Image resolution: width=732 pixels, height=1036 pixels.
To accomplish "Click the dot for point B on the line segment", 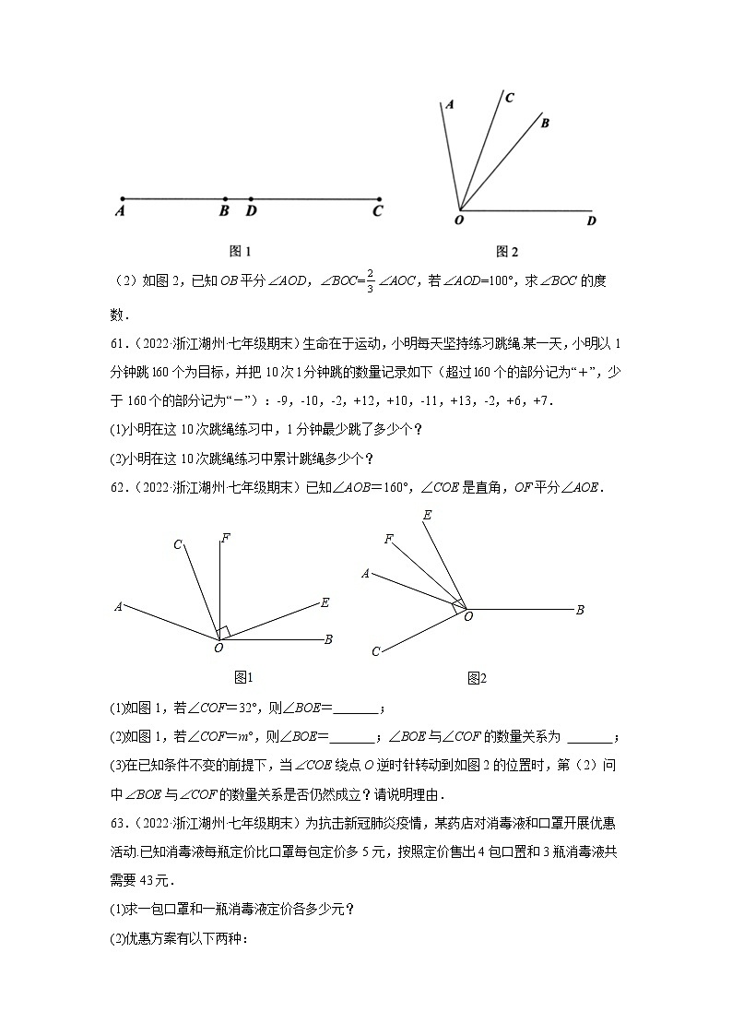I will pyautogui.click(x=225, y=198).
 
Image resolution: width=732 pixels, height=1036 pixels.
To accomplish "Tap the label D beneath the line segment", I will pyautogui.click(x=251, y=211).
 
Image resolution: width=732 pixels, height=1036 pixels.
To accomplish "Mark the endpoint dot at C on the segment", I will pyautogui.click(x=378, y=198).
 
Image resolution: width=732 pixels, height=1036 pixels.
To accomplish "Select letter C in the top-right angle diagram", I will pyautogui.click(x=510, y=97).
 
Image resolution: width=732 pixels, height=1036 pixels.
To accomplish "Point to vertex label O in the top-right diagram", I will pyautogui.click(x=459, y=220).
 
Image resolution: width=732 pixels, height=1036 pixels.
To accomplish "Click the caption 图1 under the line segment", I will pyautogui.click(x=240, y=251).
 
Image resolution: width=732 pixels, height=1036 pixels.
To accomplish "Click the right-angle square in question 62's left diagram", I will pyautogui.click(x=223, y=631).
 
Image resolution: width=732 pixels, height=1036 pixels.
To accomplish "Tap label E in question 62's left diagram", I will pyautogui.click(x=325, y=602).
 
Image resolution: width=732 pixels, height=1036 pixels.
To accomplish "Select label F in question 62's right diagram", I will pyautogui.click(x=389, y=539).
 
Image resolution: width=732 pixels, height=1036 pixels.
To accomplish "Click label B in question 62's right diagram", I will pyautogui.click(x=580, y=610).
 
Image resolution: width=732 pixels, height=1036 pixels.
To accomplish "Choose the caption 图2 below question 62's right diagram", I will pyautogui.click(x=477, y=678).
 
